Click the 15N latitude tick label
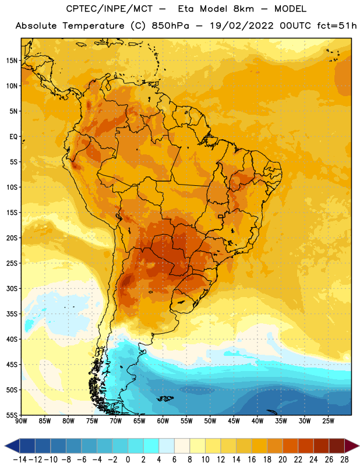(12, 61)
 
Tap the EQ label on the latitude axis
(13, 137)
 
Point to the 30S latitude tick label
(12, 288)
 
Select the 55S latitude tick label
(12, 415)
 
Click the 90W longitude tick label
(21, 421)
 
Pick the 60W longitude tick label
(163, 421)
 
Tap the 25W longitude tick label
(328, 421)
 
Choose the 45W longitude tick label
(234, 421)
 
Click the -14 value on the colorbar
(20, 460)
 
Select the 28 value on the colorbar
(344, 460)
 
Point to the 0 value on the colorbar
(128, 460)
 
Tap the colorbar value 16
(252, 460)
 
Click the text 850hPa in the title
(170, 26)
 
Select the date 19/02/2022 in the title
(242, 26)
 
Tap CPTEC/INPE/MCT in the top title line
(109, 9)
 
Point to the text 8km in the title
(243, 9)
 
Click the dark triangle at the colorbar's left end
(12, 446)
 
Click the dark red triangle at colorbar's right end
(352, 446)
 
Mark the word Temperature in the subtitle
(93, 26)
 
